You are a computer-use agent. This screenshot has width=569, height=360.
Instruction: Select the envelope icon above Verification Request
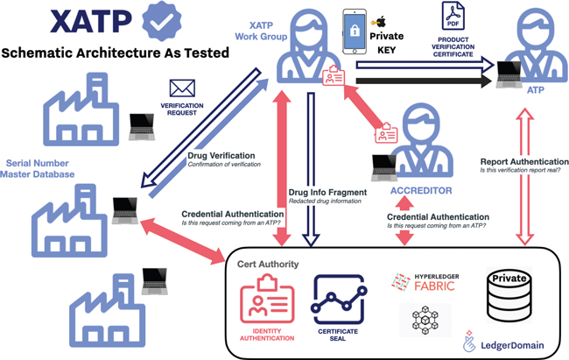(182, 88)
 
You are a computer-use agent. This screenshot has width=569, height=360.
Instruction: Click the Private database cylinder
(510, 293)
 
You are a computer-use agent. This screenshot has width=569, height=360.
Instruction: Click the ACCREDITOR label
(420, 190)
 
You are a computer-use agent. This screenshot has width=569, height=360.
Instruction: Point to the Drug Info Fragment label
(324, 191)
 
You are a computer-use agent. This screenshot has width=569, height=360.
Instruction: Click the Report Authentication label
(523, 160)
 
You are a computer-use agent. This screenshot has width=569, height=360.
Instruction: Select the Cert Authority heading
(267, 264)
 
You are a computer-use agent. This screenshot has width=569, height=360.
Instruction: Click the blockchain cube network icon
(425, 321)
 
